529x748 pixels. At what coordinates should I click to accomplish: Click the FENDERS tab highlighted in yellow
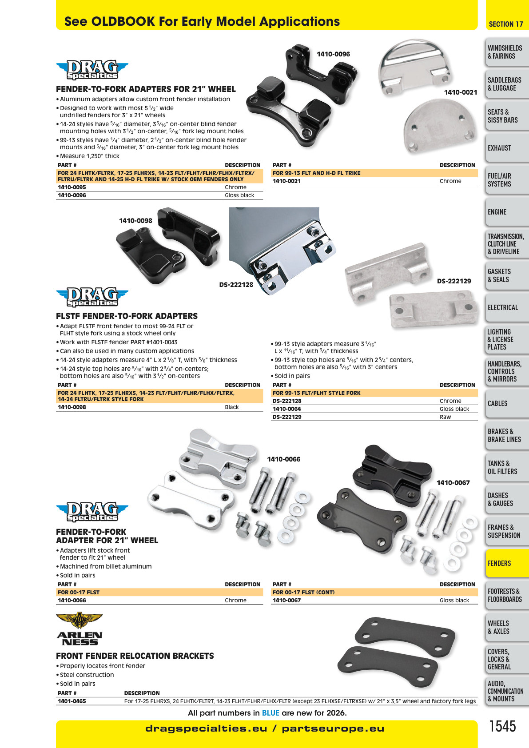click(x=507, y=563)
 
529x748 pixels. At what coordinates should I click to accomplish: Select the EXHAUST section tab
click(x=507, y=148)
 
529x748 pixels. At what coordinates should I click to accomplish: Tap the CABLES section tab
click(x=507, y=403)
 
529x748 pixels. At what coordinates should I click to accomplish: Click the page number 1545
click(x=503, y=726)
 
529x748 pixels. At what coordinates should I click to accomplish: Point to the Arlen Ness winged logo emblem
click(x=79, y=621)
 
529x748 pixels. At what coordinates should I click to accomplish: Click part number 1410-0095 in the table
click(x=72, y=187)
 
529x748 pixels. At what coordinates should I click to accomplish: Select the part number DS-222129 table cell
click(x=287, y=417)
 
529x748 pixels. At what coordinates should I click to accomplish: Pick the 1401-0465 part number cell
click(x=72, y=701)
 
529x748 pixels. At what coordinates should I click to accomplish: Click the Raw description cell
click(x=445, y=417)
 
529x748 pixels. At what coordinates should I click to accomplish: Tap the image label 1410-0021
click(x=461, y=92)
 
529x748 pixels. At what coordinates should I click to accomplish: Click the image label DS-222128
click(x=236, y=285)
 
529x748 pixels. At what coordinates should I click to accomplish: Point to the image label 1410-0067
click(x=453, y=482)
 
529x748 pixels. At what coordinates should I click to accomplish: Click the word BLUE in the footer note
click(x=270, y=713)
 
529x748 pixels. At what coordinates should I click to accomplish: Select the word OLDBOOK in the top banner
click(x=123, y=22)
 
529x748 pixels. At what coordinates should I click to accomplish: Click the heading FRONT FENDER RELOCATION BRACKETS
click(x=135, y=656)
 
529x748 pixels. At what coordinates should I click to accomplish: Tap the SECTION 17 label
click(x=505, y=24)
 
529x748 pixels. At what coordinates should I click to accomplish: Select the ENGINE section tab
click(x=507, y=212)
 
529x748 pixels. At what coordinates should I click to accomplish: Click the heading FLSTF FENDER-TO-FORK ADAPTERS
click(x=127, y=316)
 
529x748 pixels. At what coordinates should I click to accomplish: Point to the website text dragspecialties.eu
click(x=206, y=728)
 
